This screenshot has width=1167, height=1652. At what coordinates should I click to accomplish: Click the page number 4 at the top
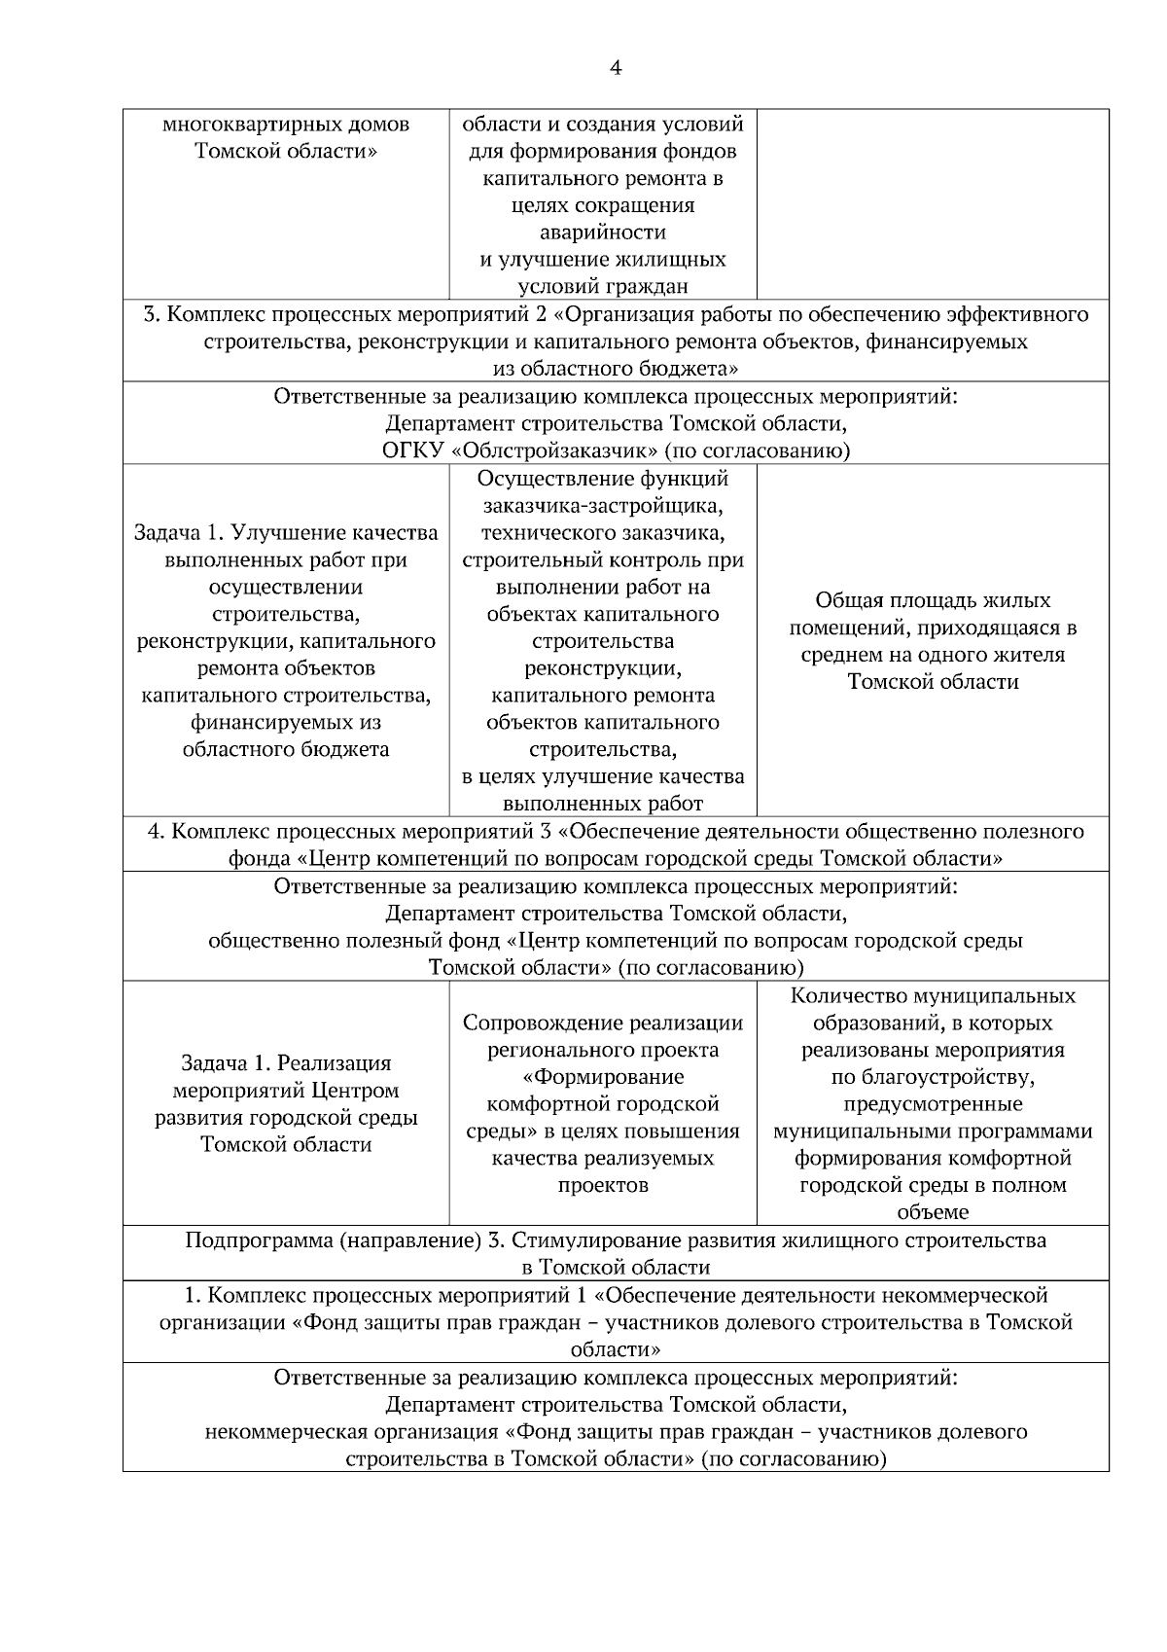[615, 67]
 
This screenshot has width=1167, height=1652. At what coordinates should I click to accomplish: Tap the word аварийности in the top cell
[603, 233]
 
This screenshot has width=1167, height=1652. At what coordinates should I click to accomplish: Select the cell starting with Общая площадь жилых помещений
[933, 640]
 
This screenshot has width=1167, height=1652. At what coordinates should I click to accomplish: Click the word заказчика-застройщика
[603, 506]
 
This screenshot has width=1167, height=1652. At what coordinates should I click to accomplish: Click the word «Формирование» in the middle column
[603, 1077]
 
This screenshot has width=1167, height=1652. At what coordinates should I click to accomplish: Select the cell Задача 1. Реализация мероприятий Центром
[286, 1103]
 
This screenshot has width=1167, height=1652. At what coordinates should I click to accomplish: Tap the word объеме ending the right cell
[933, 1212]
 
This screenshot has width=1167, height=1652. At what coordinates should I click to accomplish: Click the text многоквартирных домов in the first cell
[286, 125]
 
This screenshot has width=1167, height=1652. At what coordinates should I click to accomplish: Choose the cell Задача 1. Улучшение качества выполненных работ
[286, 640]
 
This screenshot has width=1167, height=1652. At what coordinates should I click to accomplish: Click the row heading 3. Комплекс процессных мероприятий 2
[615, 341]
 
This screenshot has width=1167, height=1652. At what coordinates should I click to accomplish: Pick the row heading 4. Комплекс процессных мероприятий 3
[615, 844]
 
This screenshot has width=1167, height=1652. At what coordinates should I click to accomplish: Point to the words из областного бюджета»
[615, 369]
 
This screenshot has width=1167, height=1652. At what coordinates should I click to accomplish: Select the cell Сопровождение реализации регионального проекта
[603, 1103]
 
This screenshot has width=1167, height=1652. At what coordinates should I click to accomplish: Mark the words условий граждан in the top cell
[603, 286]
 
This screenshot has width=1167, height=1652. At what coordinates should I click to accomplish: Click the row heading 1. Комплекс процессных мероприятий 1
[615, 1321]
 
